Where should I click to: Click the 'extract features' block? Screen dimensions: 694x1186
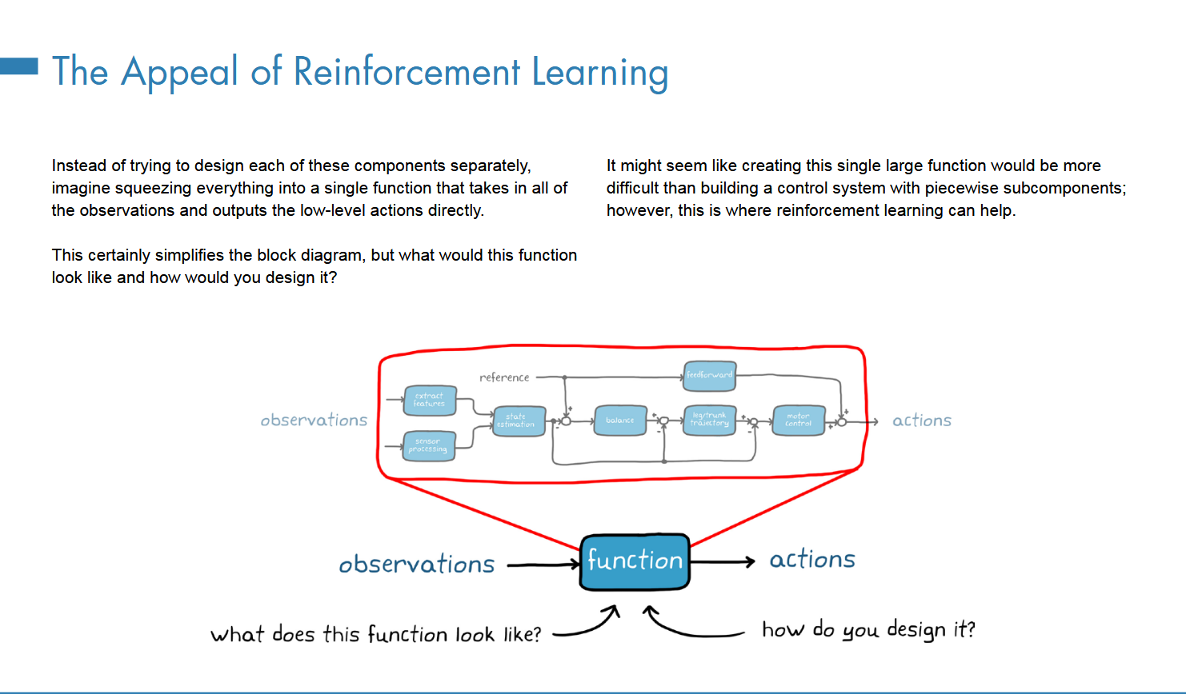pyautogui.click(x=430, y=401)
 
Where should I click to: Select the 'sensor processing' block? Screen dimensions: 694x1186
pyautogui.click(x=429, y=446)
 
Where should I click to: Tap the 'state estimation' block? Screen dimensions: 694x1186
pyautogui.click(x=519, y=421)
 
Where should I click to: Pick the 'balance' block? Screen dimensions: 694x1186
pyautogui.click(x=620, y=421)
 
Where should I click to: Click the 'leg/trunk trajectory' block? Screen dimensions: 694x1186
pyautogui.click(x=710, y=420)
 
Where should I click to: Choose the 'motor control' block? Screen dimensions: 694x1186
pyautogui.click(x=798, y=421)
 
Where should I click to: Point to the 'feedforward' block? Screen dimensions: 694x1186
pyautogui.click(x=710, y=375)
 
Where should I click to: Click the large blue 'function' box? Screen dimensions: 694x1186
pyautogui.click(x=635, y=561)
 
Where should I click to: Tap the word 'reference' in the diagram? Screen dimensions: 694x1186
pyautogui.click(x=504, y=377)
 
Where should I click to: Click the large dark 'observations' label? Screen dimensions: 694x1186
pyautogui.click(x=417, y=564)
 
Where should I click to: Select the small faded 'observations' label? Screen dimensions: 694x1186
pyautogui.click(x=314, y=421)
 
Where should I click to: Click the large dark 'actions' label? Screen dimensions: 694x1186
pyautogui.click(x=812, y=560)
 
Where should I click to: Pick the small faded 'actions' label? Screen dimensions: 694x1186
pyautogui.click(x=922, y=421)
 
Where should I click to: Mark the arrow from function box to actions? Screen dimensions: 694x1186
pyautogui.click(x=722, y=562)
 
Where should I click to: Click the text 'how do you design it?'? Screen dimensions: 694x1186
pyautogui.click(x=868, y=630)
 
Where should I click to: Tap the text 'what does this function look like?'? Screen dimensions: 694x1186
pyautogui.click(x=375, y=635)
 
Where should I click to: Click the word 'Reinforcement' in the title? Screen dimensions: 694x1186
pyautogui.click(x=407, y=72)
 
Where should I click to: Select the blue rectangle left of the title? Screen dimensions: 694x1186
pyautogui.click(x=19, y=66)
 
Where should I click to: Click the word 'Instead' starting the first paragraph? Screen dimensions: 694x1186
pyautogui.click(x=78, y=166)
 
